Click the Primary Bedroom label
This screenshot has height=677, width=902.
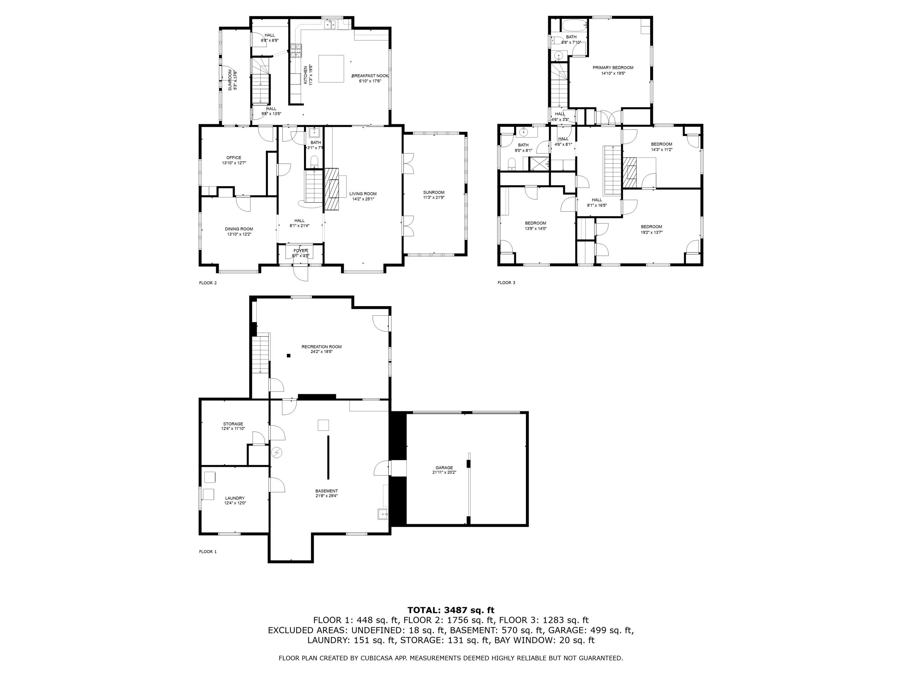(613, 68)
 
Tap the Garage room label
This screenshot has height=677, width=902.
(444, 468)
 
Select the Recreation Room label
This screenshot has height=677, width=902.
(321, 347)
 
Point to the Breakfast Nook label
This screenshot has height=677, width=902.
(370, 76)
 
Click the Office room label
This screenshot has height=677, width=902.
(234, 158)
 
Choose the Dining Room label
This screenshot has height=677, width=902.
(239, 229)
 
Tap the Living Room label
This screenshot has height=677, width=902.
(363, 194)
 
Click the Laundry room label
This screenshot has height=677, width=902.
(235, 498)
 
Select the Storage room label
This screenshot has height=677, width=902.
(233, 424)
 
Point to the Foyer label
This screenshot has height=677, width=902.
(301, 251)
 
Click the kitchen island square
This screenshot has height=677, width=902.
(331, 69)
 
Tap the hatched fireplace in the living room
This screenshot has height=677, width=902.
(332, 189)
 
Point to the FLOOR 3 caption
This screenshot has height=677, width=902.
(506, 283)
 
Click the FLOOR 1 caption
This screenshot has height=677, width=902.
(208, 552)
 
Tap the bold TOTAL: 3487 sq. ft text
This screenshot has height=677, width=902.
(451, 610)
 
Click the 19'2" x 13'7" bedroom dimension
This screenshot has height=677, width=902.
(651, 233)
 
